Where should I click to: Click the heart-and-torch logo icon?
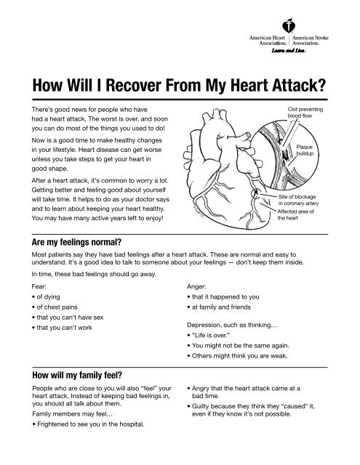coord(289,25)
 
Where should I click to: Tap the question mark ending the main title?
coord(321,85)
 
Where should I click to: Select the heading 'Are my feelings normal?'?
coord(76,242)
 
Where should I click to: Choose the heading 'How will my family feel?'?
coord(77,375)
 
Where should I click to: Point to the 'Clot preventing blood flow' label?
coord(305,113)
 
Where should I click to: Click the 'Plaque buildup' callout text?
coord(305,150)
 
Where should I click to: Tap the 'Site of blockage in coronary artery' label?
coord(298,200)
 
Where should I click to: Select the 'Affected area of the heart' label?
coord(295,215)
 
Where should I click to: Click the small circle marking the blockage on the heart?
coord(255,194)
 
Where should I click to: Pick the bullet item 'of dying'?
coord(46,297)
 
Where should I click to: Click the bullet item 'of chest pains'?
coord(55,307)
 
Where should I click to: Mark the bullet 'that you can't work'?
coord(62,328)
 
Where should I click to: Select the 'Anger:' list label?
coord(196,286)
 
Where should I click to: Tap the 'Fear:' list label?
coord(39,286)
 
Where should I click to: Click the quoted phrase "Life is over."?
coord(211,336)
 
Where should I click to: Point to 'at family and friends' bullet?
coord(219,307)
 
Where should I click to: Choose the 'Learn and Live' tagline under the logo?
coord(289,51)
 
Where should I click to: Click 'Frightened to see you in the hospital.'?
coord(88,424)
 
